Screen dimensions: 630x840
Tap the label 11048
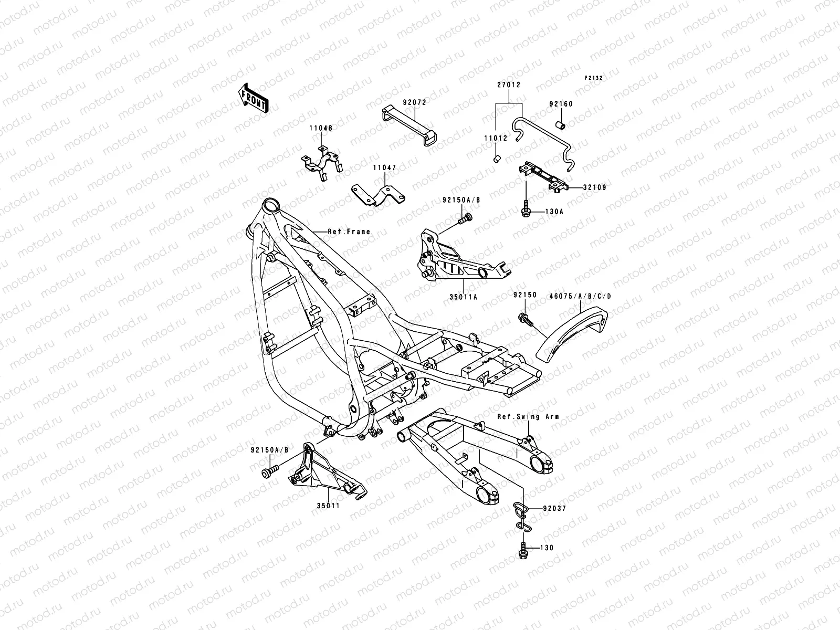(x=320, y=128)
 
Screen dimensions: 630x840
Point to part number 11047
(x=384, y=169)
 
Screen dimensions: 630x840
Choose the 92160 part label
(x=561, y=104)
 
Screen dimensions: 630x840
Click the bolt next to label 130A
(x=525, y=210)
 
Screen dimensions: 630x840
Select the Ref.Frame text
(x=349, y=232)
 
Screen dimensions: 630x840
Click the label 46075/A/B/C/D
(x=580, y=296)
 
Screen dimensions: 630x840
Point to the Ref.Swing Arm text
(x=528, y=416)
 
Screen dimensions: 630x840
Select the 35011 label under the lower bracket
(x=328, y=507)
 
